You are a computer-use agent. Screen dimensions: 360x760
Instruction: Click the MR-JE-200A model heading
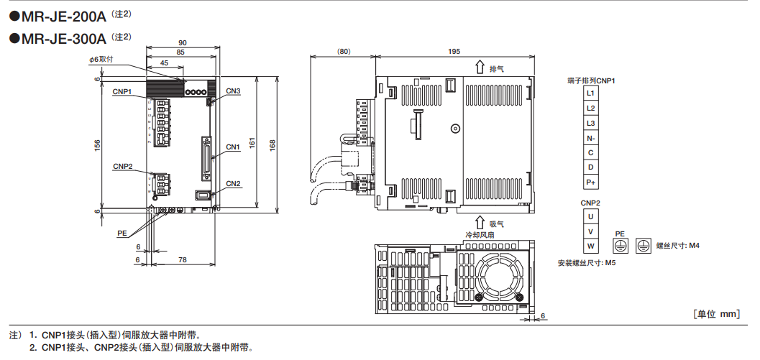pyautogui.click(x=63, y=14)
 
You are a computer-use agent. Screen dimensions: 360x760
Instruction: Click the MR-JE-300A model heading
pyautogui.click(x=63, y=38)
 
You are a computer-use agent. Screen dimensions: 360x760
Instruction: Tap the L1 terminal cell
pyautogui.click(x=590, y=93)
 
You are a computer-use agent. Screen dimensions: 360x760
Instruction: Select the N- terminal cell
pyautogui.click(x=590, y=138)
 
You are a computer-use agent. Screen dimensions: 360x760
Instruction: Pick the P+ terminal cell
pyautogui.click(x=590, y=183)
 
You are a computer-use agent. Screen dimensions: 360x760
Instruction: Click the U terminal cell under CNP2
pyautogui.click(x=590, y=216)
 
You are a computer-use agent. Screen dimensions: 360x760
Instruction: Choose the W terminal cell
pyautogui.click(x=590, y=246)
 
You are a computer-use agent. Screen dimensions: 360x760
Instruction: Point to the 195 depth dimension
pyautogui.click(x=454, y=52)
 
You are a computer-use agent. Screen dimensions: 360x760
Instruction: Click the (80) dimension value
pyautogui.click(x=343, y=52)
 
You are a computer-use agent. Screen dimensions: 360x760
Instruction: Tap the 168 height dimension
pyautogui.click(x=272, y=144)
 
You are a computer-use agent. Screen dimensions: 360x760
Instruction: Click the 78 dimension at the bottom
pyautogui.click(x=182, y=259)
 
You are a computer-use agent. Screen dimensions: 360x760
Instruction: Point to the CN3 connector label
pyautogui.click(x=233, y=91)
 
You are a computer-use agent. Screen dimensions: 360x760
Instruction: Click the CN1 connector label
pyautogui.click(x=233, y=147)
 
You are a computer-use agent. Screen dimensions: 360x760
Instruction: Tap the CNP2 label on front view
pyautogui.click(x=123, y=166)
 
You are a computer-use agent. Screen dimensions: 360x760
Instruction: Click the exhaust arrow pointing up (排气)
pyautogui.click(x=479, y=68)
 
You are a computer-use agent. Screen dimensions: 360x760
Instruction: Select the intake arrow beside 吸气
pyautogui.click(x=479, y=223)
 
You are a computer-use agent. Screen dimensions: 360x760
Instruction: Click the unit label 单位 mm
pyautogui.click(x=717, y=314)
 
